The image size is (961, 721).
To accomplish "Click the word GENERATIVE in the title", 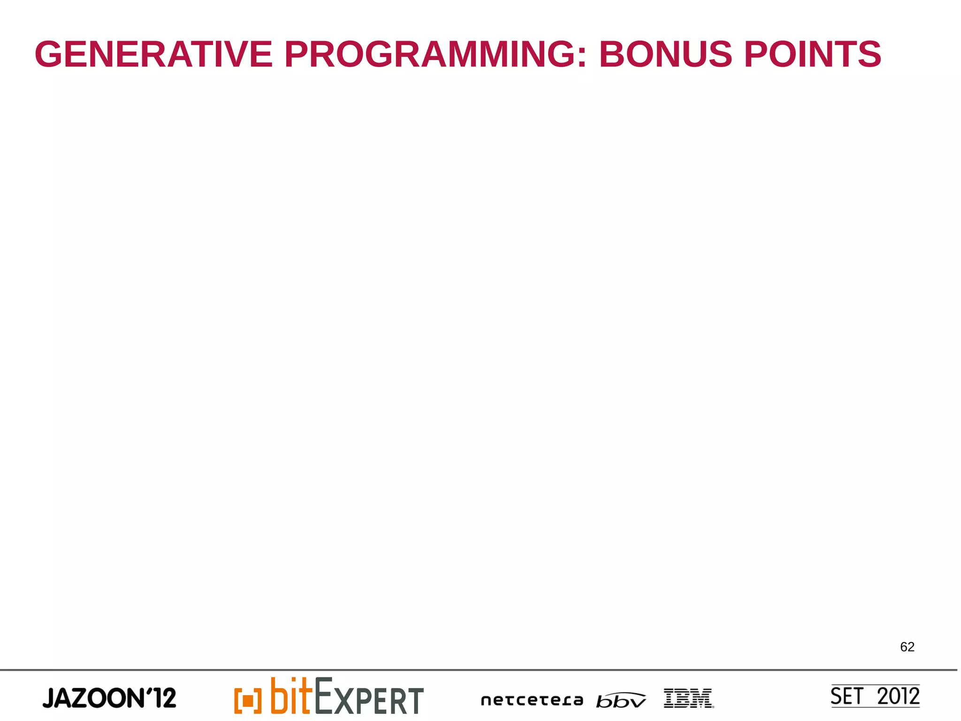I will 153,54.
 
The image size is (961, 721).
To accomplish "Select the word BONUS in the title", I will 665,54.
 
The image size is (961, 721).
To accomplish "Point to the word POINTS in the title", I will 813,54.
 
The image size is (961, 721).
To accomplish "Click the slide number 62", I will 907,647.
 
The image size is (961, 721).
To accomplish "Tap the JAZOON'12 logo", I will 109,698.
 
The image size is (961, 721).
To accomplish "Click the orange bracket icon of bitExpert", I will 247,701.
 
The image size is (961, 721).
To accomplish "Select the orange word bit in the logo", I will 291,696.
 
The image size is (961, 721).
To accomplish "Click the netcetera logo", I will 532,700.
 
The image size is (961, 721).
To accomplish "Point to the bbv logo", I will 621,700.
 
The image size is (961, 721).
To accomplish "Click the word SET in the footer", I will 847,696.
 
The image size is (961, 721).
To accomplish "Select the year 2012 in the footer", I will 898,696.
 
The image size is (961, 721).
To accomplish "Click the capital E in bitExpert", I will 324,695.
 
